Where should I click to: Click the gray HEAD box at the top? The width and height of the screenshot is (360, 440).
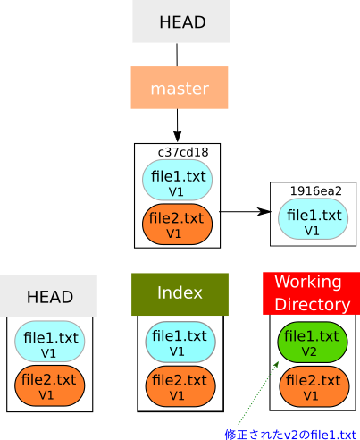tap(180, 21)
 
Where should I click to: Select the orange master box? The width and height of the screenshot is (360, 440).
tap(180, 88)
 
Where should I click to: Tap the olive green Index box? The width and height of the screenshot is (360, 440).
tap(180, 293)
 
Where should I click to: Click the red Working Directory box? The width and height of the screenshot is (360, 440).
tap(310, 293)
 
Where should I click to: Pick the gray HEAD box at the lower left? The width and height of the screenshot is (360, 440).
tap(48, 296)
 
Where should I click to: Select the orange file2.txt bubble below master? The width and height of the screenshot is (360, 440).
tap(176, 224)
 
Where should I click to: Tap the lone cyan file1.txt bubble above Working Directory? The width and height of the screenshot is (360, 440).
tap(313, 220)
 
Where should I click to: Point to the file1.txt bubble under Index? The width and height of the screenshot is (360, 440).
tap(180, 343)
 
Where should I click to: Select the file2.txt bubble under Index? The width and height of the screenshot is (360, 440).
tap(178, 386)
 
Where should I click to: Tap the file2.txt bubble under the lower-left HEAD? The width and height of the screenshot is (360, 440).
tap(48, 386)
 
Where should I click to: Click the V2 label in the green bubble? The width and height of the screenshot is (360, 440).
tap(308, 351)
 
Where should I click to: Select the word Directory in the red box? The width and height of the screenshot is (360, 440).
tap(312, 305)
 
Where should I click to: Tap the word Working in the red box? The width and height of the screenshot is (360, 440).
tap(308, 282)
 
